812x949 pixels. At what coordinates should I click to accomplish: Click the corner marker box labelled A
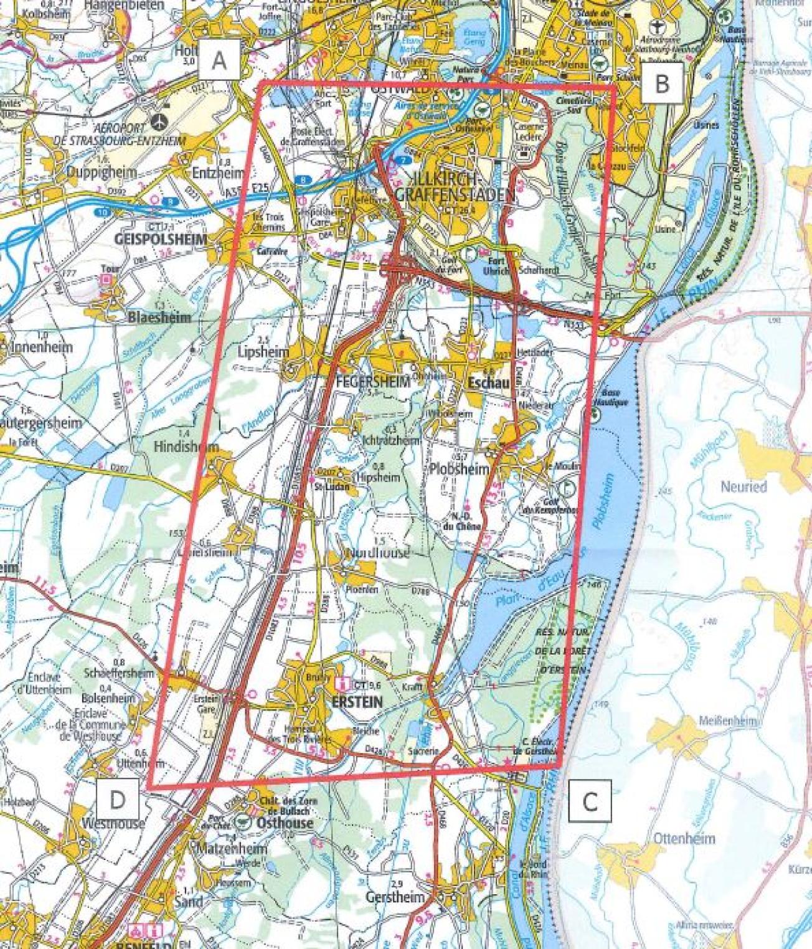pos(219,60)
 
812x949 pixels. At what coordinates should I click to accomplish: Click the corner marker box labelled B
pos(662,82)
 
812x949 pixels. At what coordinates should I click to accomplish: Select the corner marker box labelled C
pos(589,800)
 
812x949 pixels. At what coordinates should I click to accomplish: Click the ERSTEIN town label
pos(358,701)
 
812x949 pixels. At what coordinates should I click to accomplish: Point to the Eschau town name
pos(488,384)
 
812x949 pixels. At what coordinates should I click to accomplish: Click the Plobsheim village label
pos(460,469)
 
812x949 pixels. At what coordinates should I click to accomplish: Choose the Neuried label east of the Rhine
pos(744,486)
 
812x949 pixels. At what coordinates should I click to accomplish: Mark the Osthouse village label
pos(285,823)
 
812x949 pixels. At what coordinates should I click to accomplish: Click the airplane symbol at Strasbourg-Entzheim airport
pos(163,118)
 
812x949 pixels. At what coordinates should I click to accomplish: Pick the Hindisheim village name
pos(186,446)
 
